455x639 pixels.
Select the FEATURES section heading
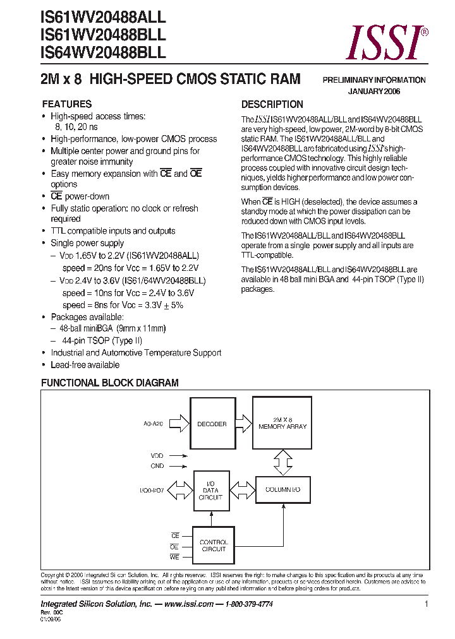[x=66, y=104]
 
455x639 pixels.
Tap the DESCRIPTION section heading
[x=272, y=104]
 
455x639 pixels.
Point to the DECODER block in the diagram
[x=212, y=424]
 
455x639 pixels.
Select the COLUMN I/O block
[x=282, y=490]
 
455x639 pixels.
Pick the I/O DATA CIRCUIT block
[x=210, y=490]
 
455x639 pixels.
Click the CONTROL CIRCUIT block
[x=214, y=546]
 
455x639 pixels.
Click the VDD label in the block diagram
[x=157, y=455]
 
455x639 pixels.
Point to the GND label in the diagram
[x=157, y=466]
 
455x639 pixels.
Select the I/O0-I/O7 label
[x=152, y=490]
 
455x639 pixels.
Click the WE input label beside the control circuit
[x=175, y=557]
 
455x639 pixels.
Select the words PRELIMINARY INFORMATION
[x=374, y=80]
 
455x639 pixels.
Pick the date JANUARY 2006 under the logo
[x=374, y=92]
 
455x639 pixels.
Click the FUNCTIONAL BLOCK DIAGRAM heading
[x=109, y=383]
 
